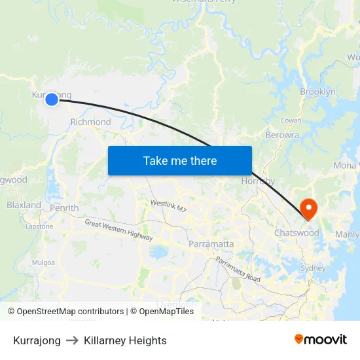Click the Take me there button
tap(180, 160)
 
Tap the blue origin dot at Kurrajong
tap(52, 99)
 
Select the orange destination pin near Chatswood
tap(308, 209)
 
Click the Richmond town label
tap(90, 122)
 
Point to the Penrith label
tap(64, 208)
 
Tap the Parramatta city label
tap(211, 244)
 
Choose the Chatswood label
tap(297, 233)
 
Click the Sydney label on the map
tap(312, 268)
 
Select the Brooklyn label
tap(317, 92)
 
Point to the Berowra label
tap(282, 135)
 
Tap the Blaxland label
tap(24, 205)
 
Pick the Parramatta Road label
tap(238, 270)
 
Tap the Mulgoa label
tap(44, 262)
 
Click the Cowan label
tap(291, 120)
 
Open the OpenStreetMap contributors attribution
tap(66, 312)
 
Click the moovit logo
tap(321, 340)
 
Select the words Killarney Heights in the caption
tap(125, 340)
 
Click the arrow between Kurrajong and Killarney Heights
tap(72, 340)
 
